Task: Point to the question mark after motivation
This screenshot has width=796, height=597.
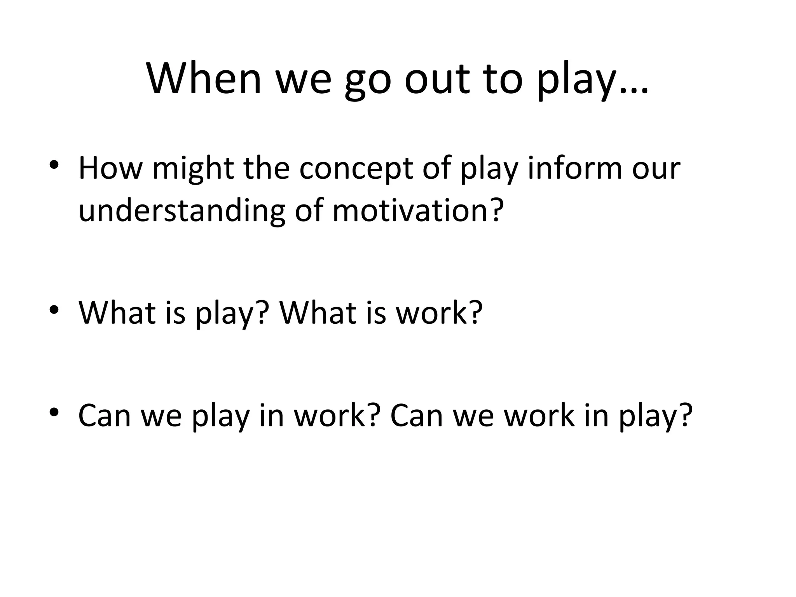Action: [x=495, y=210]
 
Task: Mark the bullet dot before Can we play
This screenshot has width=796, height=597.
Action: [x=54, y=412]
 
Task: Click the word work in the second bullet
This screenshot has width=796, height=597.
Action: [x=431, y=312]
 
